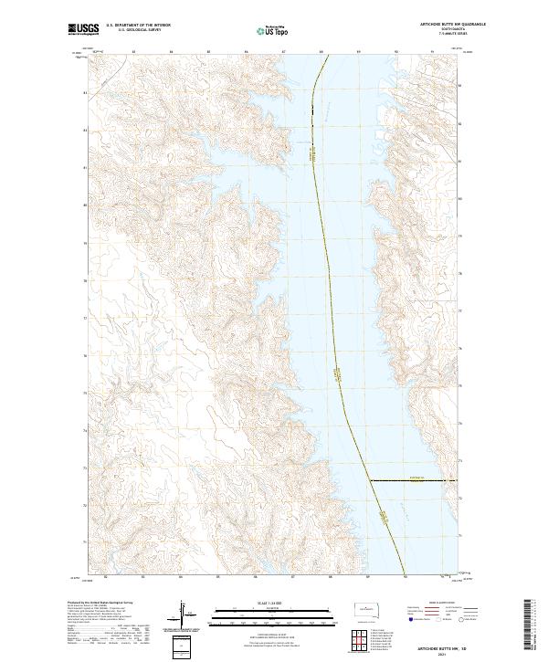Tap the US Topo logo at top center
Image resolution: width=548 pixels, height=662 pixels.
coord(273,30)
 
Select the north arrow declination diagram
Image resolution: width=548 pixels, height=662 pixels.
coord(183,616)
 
